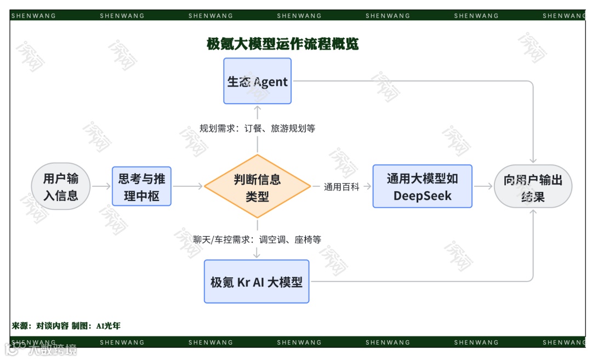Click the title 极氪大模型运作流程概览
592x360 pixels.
point(282,44)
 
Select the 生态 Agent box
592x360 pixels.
point(257,81)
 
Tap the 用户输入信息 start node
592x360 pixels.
point(61,186)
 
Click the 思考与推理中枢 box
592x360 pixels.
point(141,186)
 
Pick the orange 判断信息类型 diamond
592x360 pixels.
point(257,187)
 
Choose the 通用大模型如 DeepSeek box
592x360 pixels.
point(422,186)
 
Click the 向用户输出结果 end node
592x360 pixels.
point(533,187)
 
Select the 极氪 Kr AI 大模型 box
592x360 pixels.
point(257,282)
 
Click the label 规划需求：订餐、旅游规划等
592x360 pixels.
point(257,128)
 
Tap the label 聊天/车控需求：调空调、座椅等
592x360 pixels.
point(257,239)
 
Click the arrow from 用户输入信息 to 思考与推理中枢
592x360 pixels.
point(101,186)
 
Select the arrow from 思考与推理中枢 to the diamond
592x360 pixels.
point(187,186)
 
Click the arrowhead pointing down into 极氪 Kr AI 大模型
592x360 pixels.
point(257,255)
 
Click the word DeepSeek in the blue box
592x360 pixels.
point(422,196)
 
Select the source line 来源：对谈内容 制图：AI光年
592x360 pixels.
point(66,325)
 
